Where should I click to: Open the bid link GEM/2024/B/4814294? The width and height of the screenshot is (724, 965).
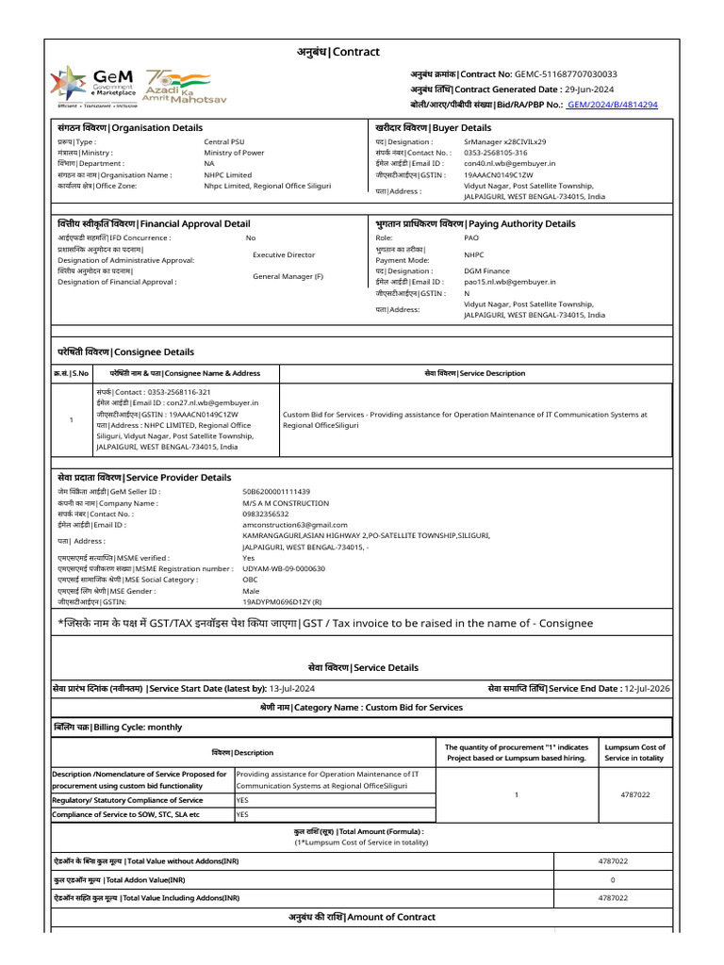(613, 105)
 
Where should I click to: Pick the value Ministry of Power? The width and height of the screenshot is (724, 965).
(234, 152)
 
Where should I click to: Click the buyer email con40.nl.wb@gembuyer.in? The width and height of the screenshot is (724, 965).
(509, 163)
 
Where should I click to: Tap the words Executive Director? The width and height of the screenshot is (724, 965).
(284, 254)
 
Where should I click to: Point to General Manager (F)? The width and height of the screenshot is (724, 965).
(288, 276)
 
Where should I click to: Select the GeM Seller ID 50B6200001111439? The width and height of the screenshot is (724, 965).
(276, 491)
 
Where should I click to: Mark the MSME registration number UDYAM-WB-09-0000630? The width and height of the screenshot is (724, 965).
(284, 568)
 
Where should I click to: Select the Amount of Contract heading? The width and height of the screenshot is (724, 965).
(362, 917)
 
